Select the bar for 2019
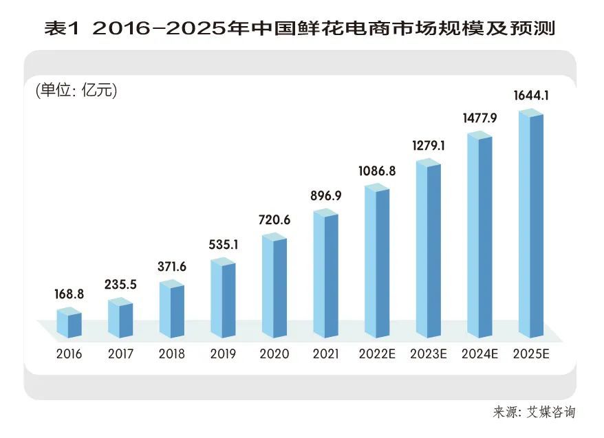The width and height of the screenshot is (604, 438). pyautogui.click(x=223, y=299)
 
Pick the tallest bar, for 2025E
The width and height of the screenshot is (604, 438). pyautogui.click(x=531, y=223)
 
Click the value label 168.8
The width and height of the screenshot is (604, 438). pyautogui.click(x=69, y=294)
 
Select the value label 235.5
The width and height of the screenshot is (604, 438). pyautogui.click(x=120, y=284)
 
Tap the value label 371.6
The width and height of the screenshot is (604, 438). pyautogui.click(x=172, y=266)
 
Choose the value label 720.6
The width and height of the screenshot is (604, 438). pyautogui.click(x=274, y=220)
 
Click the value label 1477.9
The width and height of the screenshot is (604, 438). pyautogui.click(x=479, y=118)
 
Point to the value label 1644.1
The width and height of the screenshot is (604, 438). pyautogui.click(x=531, y=96)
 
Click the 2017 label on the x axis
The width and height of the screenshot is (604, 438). pyautogui.click(x=120, y=355)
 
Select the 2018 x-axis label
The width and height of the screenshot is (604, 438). pyautogui.click(x=172, y=355)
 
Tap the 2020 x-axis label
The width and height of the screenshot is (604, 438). pyautogui.click(x=274, y=355)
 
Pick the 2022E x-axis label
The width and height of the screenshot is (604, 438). pyautogui.click(x=377, y=355)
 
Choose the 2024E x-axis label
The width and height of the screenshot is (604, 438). pyautogui.click(x=479, y=355)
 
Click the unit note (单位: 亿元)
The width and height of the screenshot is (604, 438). pyautogui.click(x=76, y=90)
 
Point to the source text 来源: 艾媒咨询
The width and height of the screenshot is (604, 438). pyautogui.click(x=534, y=413)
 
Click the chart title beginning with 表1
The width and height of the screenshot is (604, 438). pyautogui.click(x=300, y=28)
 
